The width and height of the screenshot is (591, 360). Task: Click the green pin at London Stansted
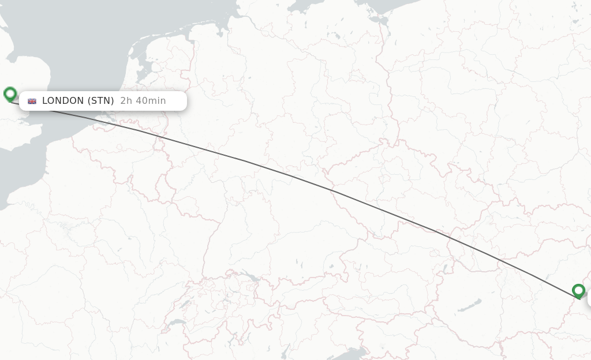(10, 93)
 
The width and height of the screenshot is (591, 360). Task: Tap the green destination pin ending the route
(578, 291)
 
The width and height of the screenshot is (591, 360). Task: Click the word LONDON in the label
(63, 101)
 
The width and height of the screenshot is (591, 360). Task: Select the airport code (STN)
(100, 101)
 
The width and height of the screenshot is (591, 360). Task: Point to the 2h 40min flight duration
(143, 101)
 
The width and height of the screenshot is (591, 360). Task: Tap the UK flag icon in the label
(32, 101)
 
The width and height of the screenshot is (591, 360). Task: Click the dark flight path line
(289, 174)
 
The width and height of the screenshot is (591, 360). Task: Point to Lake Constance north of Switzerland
(252, 276)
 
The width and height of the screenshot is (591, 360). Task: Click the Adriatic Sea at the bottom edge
(352, 353)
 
